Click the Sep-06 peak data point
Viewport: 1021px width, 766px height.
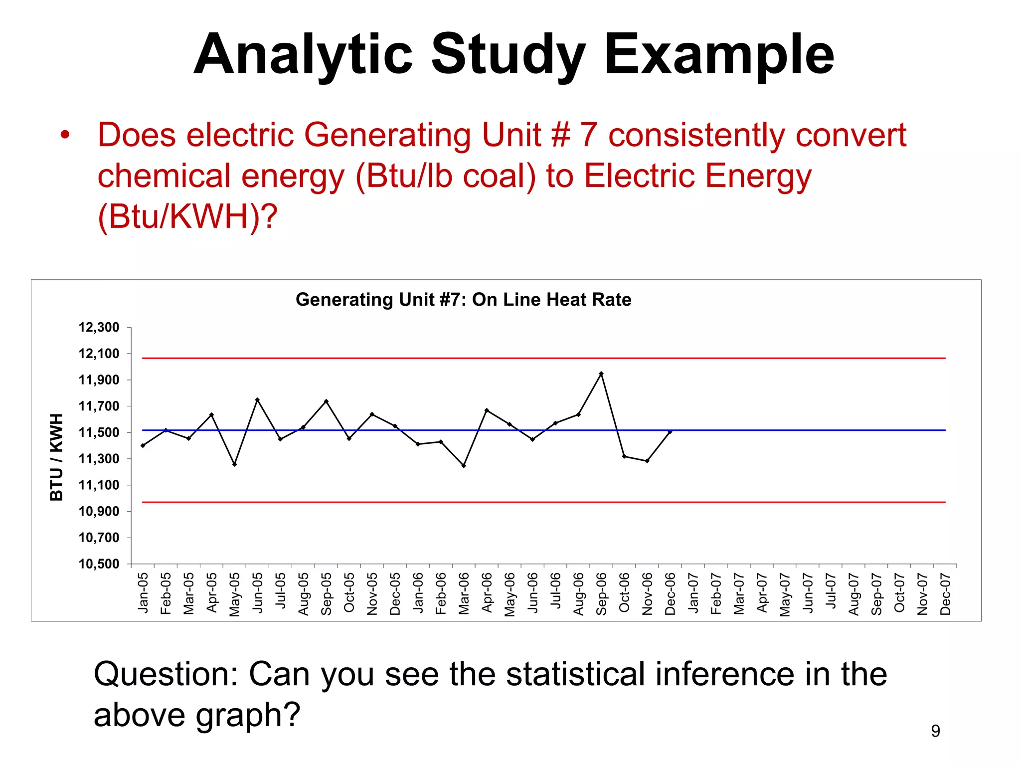[601, 374]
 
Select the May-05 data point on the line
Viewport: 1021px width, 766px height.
[234, 464]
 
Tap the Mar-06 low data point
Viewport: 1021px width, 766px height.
[464, 466]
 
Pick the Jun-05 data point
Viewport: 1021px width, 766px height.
[257, 399]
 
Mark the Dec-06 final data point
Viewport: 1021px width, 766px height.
[670, 432]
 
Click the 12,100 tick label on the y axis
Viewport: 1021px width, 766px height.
[99, 354]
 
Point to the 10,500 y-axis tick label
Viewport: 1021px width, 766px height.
[99, 564]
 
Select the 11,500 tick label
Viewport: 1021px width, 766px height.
[99, 432]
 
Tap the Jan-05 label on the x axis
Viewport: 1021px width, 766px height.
[143, 593]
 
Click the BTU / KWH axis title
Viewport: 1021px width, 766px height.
[56, 457]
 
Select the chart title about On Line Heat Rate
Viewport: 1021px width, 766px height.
[463, 300]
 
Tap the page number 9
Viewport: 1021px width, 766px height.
[935, 731]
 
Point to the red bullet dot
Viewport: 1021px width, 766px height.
[65, 135]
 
